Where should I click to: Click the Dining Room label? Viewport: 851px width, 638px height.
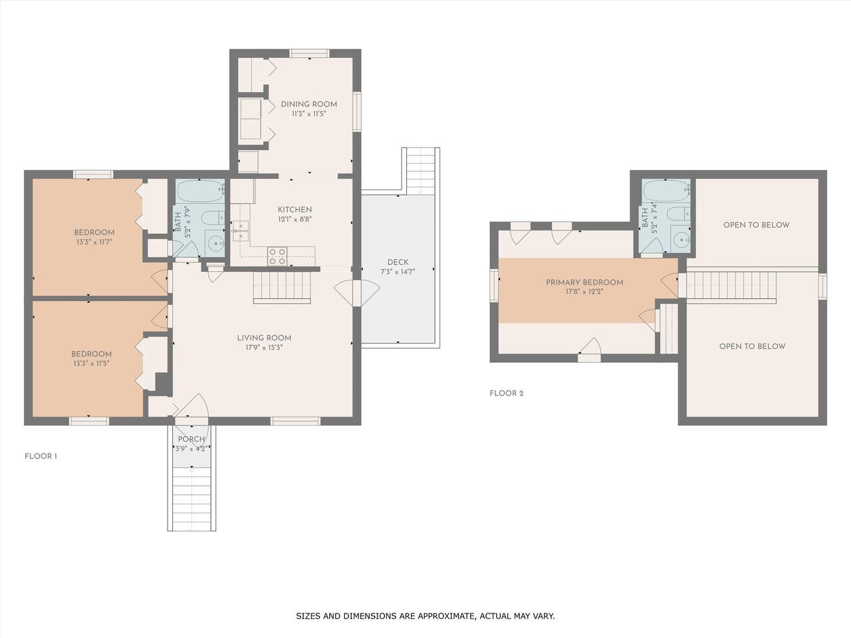(x=308, y=104)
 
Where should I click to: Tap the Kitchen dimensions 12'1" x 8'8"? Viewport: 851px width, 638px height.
(x=295, y=219)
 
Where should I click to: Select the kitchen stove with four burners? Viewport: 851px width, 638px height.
(x=277, y=257)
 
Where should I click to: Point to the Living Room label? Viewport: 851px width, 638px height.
(x=264, y=338)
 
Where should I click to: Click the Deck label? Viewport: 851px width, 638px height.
(x=398, y=263)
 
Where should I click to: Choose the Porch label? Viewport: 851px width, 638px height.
(x=191, y=439)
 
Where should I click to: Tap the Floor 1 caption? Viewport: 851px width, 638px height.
(x=41, y=456)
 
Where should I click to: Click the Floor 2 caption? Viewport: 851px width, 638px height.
(x=507, y=393)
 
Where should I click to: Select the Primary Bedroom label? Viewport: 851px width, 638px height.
(x=584, y=282)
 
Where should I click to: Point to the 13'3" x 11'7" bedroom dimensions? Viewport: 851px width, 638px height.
(x=94, y=242)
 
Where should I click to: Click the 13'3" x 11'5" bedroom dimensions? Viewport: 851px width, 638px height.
(x=91, y=364)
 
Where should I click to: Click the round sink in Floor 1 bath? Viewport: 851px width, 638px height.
(x=214, y=243)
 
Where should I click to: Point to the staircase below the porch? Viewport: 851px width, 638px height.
(x=191, y=498)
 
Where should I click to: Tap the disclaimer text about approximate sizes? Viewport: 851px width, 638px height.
(x=425, y=615)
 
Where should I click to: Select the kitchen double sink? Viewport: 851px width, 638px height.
(x=241, y=231)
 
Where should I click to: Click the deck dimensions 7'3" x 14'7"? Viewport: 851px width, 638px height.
(x=398, y=272)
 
